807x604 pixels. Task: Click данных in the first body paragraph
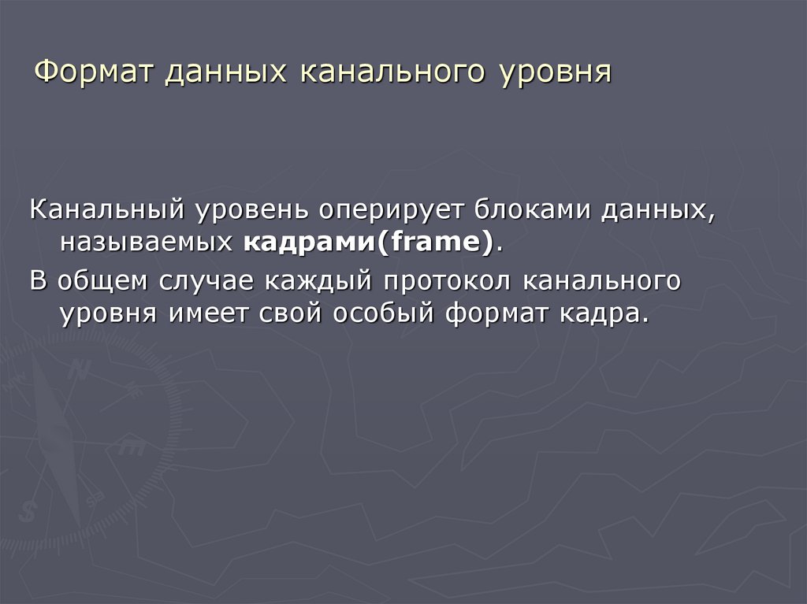653,210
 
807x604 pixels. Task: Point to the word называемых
146,243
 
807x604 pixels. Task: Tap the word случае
208,281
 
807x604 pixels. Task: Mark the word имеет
207,313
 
